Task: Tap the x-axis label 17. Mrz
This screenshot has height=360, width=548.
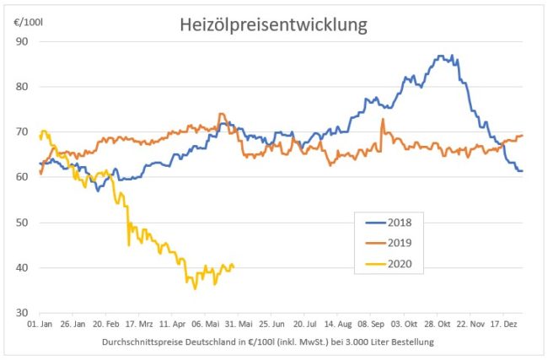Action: click(140, 323)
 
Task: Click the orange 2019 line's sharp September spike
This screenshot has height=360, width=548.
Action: click(383, 119)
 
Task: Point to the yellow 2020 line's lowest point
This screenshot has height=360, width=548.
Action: click(195, 288)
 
